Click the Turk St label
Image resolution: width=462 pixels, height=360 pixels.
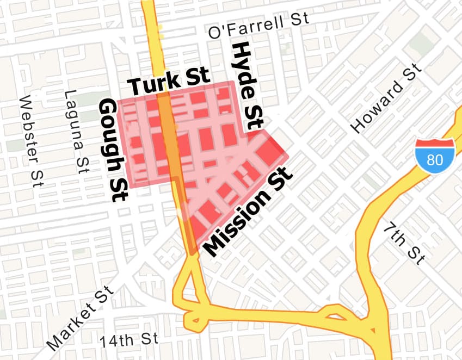(x=169, y=82)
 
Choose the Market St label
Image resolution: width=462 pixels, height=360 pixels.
(x=80, y=318)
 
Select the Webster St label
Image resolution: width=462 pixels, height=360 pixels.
(x=30, y=141)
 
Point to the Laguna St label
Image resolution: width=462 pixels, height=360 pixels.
(x=76, y=130)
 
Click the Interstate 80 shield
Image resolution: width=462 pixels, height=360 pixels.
(x=435, y=155)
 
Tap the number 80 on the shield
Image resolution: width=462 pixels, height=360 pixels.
(x=435, y=160)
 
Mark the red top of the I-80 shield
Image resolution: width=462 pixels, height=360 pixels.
(x=435, y=144)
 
